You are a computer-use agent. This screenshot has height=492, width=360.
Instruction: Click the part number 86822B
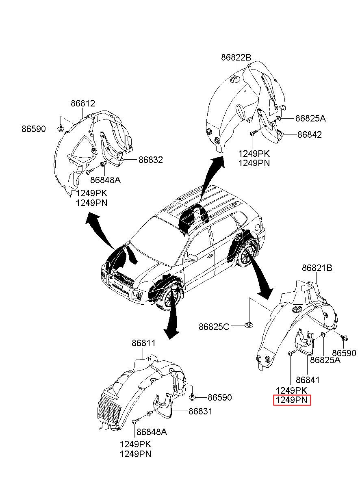pos(236,58)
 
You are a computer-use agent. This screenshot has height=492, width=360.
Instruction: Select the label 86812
pos(82,104)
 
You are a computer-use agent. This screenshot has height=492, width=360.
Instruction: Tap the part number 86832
pos(150,160)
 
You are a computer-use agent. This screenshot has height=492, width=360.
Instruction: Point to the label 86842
pos(309,134)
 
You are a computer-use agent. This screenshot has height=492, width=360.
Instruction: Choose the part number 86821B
pos(317,268)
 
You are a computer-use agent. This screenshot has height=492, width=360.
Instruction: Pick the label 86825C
pos(214,326)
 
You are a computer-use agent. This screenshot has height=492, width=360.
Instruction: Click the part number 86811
pos(143,343)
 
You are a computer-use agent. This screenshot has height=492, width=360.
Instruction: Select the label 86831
pos(200,411)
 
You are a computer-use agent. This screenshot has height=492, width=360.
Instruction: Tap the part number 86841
pos(308,380)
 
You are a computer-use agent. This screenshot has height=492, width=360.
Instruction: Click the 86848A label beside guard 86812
pos(105,180)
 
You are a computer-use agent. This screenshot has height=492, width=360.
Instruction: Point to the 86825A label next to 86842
pos(310,119)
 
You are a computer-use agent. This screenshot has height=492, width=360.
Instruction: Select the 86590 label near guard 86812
pos(34,129)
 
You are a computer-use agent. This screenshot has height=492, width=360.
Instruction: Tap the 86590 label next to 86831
pos(220,397)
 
